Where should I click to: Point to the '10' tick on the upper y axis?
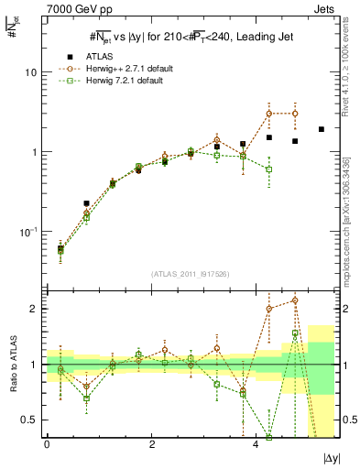[31, 72]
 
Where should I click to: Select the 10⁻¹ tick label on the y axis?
[27, 232]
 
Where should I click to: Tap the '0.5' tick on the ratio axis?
[29, 420]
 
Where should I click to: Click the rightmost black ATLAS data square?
[322, 129]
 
